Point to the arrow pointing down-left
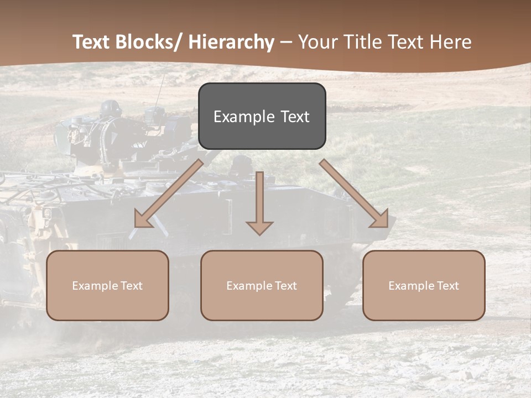pyautogui.click(x=169, y=193)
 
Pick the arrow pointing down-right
pyautogui.click(x=354, y=193)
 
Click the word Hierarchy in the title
pyautogui.click(x=232, y=42)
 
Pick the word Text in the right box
pyautogui.click(x=447, y=286)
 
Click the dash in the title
pyautogui.click(x=286, y=42)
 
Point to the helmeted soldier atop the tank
pyautogui.click(x=111, y=109)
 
